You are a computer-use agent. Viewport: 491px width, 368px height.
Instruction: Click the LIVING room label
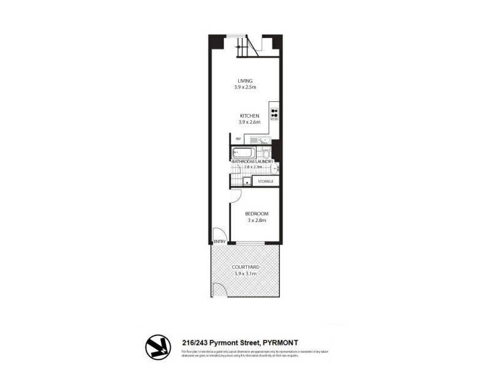[245, 81]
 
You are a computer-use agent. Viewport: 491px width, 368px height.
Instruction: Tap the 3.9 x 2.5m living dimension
[245, 88]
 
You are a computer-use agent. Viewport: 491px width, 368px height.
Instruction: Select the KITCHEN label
[250, 115]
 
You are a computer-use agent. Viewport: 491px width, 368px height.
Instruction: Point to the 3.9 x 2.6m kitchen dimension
[250, 122]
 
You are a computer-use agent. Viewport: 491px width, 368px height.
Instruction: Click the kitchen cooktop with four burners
[274, 114]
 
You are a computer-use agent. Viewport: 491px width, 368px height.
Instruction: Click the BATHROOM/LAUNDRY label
[253, 161]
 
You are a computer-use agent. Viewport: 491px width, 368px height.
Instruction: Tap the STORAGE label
[265, 182]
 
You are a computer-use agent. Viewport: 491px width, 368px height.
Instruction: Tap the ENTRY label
[218, 242]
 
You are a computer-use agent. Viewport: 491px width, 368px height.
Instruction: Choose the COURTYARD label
[245, 267]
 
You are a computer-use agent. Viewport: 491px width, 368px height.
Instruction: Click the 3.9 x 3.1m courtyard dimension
[245, 274]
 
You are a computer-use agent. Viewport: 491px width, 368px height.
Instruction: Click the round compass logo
[158, 347]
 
